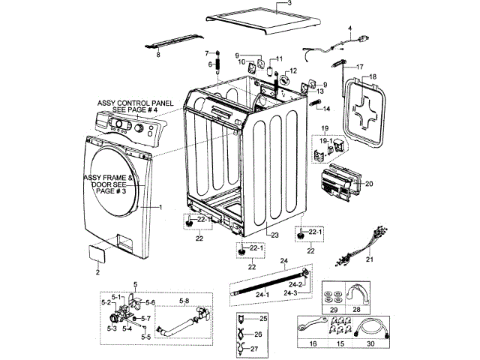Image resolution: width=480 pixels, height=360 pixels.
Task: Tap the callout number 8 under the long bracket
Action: [x=157, y=54]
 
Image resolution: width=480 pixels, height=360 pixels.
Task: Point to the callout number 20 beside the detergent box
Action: [x=369, y=183]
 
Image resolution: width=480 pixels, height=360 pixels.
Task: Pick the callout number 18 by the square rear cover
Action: [x=373, y=76]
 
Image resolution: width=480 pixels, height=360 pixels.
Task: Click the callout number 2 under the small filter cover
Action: [x=97, y=272]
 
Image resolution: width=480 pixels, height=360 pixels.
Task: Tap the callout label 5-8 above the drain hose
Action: [x=184, y=301]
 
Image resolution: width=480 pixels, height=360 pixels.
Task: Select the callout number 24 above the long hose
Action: [x=284, y=262]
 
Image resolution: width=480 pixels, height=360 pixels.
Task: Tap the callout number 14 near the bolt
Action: [x=326, y=108]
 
